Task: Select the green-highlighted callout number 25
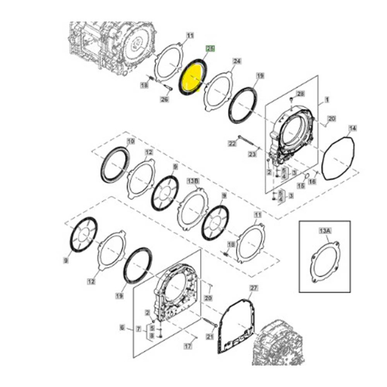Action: tap(210, 49)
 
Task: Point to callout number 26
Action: tap(164, 100)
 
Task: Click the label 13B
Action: tap(193, 181)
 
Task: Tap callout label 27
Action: tap(254, 288)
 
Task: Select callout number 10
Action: tap(131, 142)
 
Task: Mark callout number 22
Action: tap(232, 144)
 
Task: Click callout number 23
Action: tap(253, 154)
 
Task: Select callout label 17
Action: tap(188, 347)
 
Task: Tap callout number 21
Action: tap(210, 336)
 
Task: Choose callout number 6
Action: tap(123, 327)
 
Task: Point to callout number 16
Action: tap(312, 181)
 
